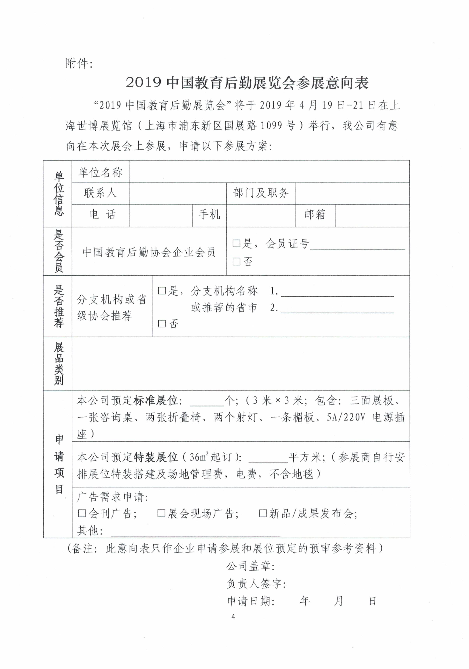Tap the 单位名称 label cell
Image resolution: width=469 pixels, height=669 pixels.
(100, 173)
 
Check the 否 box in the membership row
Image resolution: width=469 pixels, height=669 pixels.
(236, 261)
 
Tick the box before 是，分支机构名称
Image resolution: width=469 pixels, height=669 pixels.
(162, 291)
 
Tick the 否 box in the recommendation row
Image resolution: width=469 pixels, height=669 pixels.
(162, 323)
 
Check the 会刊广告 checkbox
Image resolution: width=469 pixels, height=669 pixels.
(82, 513)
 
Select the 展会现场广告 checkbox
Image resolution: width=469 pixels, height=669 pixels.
(161, 513)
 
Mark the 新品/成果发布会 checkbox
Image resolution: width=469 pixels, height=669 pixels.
(263, 513)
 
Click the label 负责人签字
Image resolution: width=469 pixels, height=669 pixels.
(256, 584)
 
